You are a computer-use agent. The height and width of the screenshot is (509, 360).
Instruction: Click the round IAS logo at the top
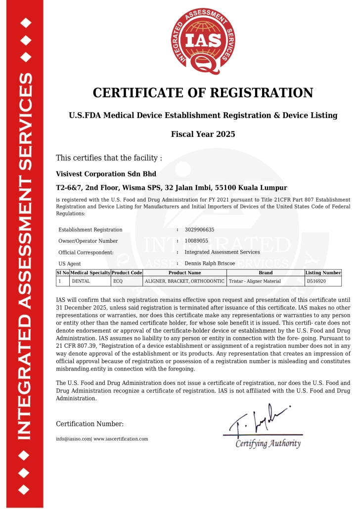click(203, 42)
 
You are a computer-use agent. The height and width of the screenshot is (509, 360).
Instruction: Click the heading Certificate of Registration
click(203, 92)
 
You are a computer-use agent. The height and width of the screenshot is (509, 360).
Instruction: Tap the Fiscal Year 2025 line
click(203, 134)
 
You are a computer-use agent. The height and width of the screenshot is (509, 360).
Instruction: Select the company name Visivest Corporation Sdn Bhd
click(106, 174)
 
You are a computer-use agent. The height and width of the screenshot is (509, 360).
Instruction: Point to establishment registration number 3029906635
click(199, 230)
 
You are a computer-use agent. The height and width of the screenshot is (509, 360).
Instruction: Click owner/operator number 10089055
click(196, 241)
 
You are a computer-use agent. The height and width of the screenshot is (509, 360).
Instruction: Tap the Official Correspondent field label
click(86, 252)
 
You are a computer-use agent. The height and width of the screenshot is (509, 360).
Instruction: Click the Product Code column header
click(127, 272)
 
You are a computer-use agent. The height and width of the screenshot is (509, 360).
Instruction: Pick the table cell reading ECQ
click(118, 281)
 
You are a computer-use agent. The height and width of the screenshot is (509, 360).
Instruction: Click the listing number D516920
click(317, 281)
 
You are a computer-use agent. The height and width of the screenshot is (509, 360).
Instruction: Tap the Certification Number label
click(90, 424)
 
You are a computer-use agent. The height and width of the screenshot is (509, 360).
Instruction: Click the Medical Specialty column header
click(90, 272)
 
